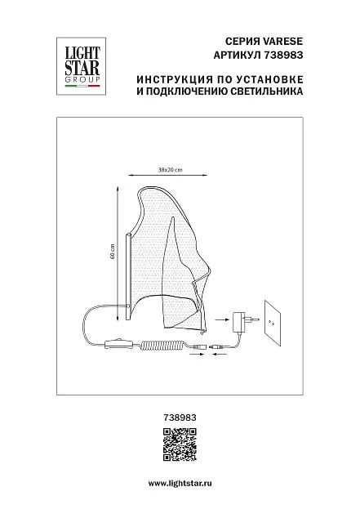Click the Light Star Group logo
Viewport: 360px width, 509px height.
pos(81,66)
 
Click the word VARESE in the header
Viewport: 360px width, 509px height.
pos(282,41)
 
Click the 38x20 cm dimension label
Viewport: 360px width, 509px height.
pos(171,170)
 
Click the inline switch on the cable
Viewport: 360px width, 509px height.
pos(119,344)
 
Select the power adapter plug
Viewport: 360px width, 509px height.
pos(243,320)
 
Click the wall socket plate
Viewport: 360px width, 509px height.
pos(273,323)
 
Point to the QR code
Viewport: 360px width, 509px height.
pos(180,444)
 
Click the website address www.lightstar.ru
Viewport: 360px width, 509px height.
pos(180,484)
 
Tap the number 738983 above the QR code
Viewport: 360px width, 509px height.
pos(180,417)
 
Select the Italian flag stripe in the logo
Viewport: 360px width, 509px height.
pos(82,86)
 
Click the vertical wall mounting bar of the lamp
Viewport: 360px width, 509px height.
pos(127,278)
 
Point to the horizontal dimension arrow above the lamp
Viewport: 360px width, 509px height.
pos(167,176)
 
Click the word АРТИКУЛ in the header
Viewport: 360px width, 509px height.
pos(237,55)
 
